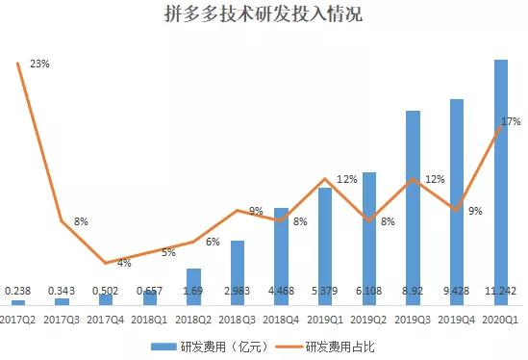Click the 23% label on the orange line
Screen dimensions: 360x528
(39, 64)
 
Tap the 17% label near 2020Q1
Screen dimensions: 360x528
(511, 122)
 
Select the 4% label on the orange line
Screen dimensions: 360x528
(124, 263)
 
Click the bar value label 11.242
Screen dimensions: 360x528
(501, 290)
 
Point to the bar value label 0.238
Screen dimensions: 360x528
(17, 290)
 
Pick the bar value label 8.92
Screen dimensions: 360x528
(413, 290)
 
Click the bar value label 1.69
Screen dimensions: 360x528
(193, 290)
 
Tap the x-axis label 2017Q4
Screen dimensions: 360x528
(106, 318)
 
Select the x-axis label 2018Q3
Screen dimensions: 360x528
(238, 318)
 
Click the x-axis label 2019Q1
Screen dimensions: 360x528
(325, 318)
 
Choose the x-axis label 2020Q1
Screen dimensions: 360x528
(501, 318)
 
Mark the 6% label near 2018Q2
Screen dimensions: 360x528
(213, 242)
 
